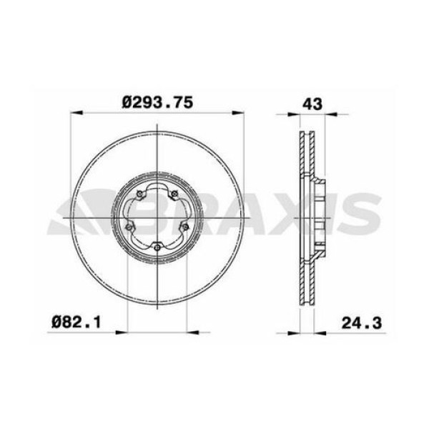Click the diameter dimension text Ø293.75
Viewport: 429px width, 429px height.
[157, 102]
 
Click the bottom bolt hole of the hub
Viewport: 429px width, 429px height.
[157, 247]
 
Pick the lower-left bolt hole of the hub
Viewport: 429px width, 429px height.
[128, 227]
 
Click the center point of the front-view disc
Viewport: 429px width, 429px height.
[157, 216]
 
